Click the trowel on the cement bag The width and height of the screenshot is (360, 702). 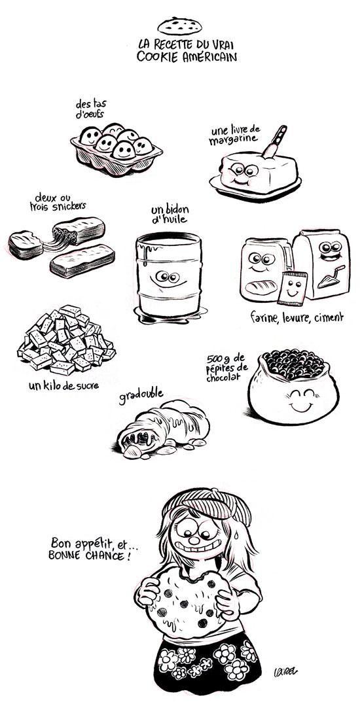(x=329, y=278)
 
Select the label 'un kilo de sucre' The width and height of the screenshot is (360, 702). (x=63, y=384)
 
